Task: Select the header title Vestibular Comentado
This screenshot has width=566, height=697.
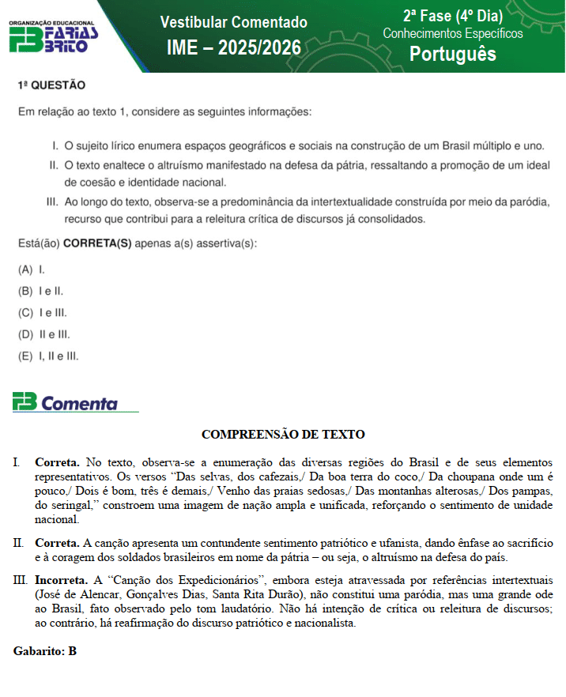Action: click(233, 22)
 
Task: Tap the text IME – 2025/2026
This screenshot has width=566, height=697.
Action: click(233, 48)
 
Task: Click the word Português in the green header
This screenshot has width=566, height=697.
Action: click(452, 53)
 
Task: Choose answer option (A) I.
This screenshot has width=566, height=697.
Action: click(31, 269)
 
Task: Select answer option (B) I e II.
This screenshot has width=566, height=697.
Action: click(40, 291)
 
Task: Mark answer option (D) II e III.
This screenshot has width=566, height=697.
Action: click(43, 334)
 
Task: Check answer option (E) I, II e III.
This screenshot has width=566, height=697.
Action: click(48, 356)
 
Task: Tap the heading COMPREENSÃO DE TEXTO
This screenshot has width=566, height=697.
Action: click(283, 434)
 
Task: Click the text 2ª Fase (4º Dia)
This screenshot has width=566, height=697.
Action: click(452, 15)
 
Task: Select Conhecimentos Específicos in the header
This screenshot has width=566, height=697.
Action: click(452, 33)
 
